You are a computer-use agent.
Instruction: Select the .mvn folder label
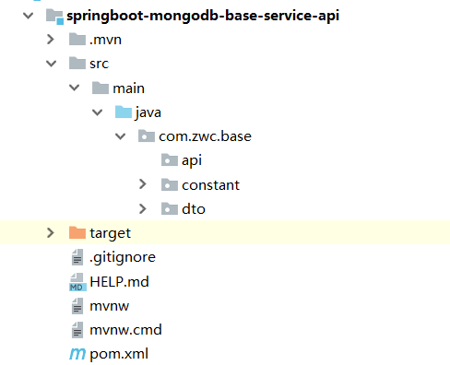(105, 41)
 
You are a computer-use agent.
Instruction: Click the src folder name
(100, 65)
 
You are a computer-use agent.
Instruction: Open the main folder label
(128, 88)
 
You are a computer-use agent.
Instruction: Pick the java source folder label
(148, 112)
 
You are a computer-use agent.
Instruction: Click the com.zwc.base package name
(205, 136)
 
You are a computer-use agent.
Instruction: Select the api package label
(191, 160)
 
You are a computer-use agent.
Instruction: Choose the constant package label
(210, 184)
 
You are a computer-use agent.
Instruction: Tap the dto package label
(193, 208)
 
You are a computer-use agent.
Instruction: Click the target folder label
(111, 233)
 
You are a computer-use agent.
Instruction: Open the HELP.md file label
(119, 281)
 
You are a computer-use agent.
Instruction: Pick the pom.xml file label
(118, 353)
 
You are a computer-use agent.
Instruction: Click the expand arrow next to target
(51, 233)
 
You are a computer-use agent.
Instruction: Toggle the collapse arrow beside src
(51, 65)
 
